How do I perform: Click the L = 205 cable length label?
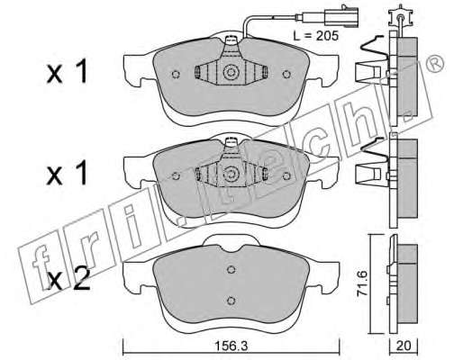coord(316,36)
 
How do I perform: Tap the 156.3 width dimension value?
coord(231,346)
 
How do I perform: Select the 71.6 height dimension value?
coord(362,283)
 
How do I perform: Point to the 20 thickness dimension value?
coord(404,346)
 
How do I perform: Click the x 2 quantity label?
coord(68,279)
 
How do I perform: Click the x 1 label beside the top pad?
coord(67,72)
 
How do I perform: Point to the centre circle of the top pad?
coord(231,72)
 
